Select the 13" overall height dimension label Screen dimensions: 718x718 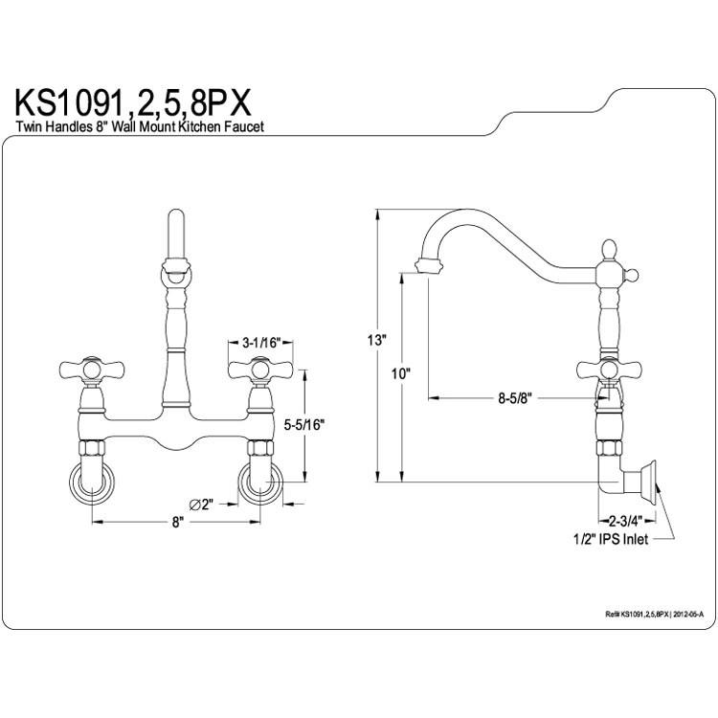pyautogui.click(x=377, y=340)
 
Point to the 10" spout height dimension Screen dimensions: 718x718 pyautogui.click(x=401, y=373)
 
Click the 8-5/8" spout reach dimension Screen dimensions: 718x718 pyautogui.click(x=514, y=398)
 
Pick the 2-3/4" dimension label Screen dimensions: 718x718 pyautogui.click(x=626, y=521)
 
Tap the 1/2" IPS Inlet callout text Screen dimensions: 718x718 pyautogui.click(x=611, y=539)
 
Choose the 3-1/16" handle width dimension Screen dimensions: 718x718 pyautogui.click(x=260, y=343)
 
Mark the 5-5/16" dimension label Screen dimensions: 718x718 pyautogui.click(x=304, y=424)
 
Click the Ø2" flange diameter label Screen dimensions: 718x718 pyautogui.click(x=202, y=505)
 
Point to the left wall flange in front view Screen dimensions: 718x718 pyautogui.click(x=92, y=482)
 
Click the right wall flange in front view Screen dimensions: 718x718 pyautogui.click(x=260, y=482)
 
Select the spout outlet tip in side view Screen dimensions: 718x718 pyautogui.click(x=429, y=265)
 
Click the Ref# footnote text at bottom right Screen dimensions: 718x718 pyautogui.click(x=654, y=615)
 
